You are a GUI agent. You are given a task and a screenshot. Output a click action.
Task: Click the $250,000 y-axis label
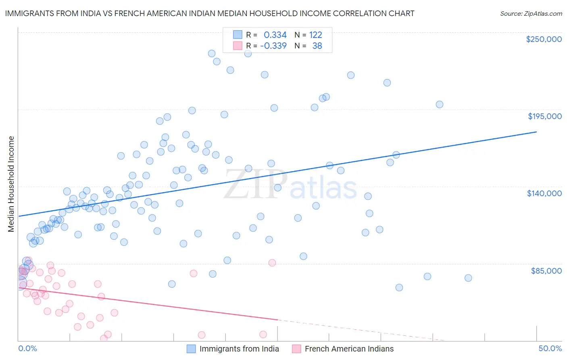(544, 39)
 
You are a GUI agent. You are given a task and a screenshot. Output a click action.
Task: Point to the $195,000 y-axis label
(544, 116)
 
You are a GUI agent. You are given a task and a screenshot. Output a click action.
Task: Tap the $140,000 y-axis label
(544, 193)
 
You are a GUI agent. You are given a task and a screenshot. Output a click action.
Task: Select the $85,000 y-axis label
(546, 270)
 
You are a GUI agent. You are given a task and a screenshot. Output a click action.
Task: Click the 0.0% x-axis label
(27, 348)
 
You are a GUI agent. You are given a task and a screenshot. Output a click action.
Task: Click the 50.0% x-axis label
(550, 348)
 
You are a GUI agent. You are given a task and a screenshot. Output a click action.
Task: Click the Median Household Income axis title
(11, 184)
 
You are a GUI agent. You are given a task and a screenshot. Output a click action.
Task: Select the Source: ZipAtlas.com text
(531, 14)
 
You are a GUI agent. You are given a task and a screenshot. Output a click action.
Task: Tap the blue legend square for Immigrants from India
(191, 349)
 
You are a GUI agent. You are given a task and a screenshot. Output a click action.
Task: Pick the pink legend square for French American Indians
(296, 349)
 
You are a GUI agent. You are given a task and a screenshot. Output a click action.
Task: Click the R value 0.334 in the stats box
(275, 35)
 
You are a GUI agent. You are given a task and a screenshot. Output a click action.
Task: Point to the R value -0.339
(273, 46)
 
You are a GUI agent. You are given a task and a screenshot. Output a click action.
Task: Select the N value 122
(315, 35)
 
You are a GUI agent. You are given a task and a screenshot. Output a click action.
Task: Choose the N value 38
(317, 46)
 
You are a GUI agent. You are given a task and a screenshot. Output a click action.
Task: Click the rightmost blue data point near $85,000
(468, 278)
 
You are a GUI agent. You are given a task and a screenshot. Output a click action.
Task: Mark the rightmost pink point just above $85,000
(272, 263)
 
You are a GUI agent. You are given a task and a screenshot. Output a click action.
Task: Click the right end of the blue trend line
(536, 132)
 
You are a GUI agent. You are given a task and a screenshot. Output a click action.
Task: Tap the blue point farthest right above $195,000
(440, 105)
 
